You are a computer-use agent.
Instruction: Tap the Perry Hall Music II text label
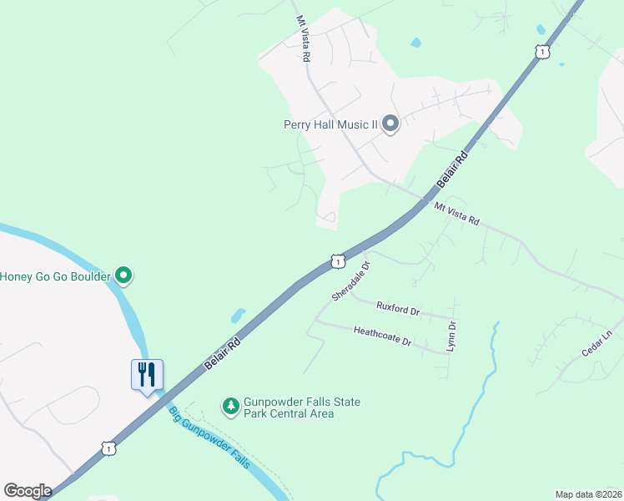[330, 124]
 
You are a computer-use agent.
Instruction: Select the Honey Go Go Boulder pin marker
[123, 275]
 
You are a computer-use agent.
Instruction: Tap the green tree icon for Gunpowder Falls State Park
[230, 407]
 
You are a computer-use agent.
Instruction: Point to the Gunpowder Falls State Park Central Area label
[301, 407]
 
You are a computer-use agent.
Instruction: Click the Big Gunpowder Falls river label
[209, 438]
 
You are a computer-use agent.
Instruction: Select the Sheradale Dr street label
[350, 281]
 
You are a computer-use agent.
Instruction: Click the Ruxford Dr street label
[398, 309]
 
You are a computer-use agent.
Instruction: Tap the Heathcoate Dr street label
[383, 337]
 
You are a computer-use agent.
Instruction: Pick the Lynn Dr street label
[451, 336]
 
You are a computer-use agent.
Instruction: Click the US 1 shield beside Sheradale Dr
[337, 261]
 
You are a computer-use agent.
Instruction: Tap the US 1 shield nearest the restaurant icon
[108, 449]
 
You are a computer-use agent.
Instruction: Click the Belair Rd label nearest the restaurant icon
[222, 355]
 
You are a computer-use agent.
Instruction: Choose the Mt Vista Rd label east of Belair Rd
[456, 214]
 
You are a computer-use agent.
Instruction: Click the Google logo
[28, 491]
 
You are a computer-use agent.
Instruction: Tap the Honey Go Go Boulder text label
[55, 276]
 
